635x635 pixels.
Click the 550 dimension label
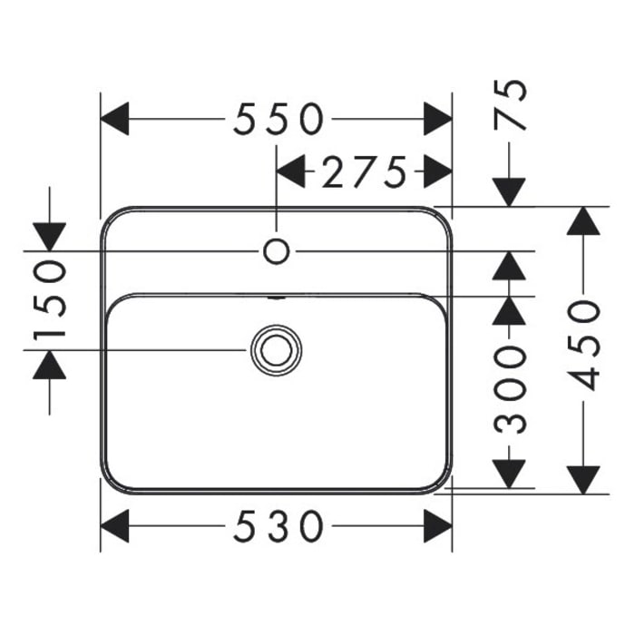(x=279, y=119)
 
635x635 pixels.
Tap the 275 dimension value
(x=364, y=171)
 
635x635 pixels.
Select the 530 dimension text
(x=279, y=526)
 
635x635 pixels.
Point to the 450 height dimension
(x=583, y=346)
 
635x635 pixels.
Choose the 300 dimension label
(x=510, y=390)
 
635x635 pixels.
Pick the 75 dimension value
(x=510, y=104)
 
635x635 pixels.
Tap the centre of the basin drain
(x=276, y=350)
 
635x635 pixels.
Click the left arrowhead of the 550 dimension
(x=114, y=119)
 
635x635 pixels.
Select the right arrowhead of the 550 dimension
(x=438, y=119)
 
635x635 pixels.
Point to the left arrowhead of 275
(x=290, y=171)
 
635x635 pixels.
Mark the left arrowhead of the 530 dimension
(x=114, y=526)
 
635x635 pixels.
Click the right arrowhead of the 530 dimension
(x=438, y=526)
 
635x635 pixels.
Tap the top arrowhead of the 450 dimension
(x=583, y=220)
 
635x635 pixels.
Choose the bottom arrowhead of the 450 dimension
(x=583, y=480)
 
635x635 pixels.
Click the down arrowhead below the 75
(x=509, y=192)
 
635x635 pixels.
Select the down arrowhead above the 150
(x=49, y=237)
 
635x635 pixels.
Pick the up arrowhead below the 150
(x=49, y=365)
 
